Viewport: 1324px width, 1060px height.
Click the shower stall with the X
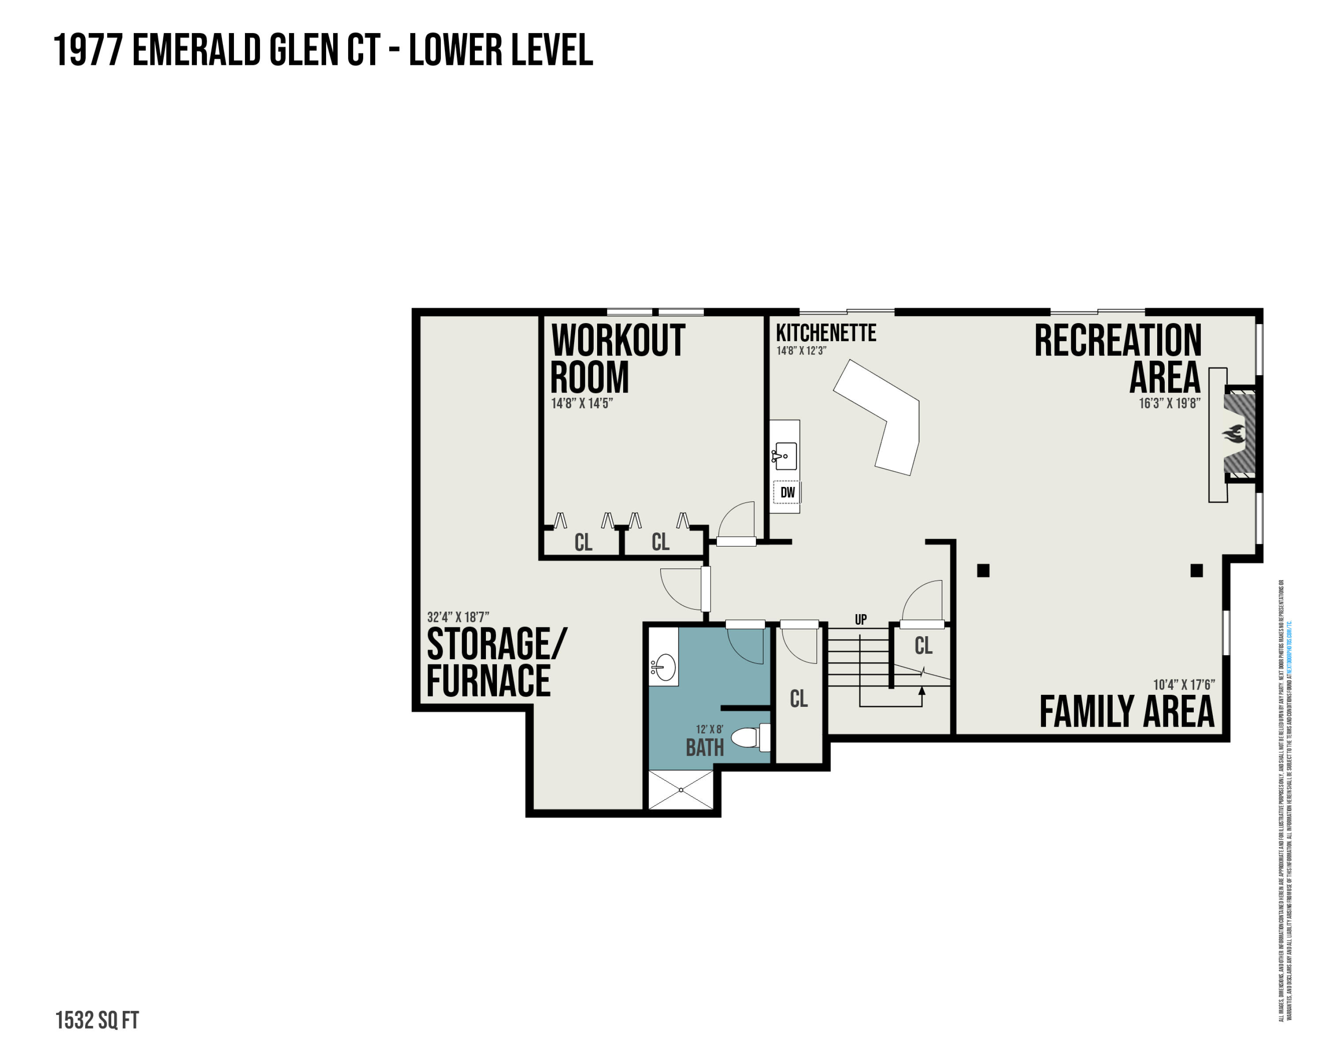click(681, 790)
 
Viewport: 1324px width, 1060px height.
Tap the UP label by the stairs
click(860, 620)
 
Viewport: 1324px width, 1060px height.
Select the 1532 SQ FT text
click(97, 1020)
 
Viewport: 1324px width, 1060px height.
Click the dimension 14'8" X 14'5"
click(582, 404)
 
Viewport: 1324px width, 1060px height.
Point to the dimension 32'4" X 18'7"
click(458, 617)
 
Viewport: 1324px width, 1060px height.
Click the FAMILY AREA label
click(1126, 711)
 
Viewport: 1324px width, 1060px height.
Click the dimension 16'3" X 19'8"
click(1169, 404)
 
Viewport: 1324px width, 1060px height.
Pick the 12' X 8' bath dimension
click(709, 730)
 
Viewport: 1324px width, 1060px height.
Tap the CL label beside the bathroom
click(798, 699)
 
